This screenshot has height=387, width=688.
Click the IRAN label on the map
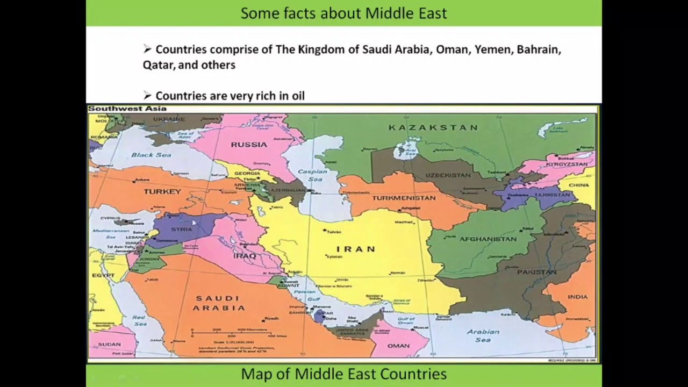pyautogui.click(x=356, y=249)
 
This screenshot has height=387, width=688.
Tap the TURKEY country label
pyautogui.click(x=162, y=191)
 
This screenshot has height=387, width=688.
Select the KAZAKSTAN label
pyautogui.click(x=433, y=127)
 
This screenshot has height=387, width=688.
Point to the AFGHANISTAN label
pyautogui.click(x=488, y=239)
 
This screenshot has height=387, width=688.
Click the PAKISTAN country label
pyautogui.click(x=536, y=272)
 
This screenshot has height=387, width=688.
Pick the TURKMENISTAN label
pyautogui.click(x=404, y=198)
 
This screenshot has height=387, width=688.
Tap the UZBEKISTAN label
pyautogui.click(x=448, y=175)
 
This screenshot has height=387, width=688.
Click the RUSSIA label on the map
pyautogui.click(x=249, y=144)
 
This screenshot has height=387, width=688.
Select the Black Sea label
pyautogui.click(x=151, y=155)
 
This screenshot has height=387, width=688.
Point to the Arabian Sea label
pyautogui.click(x=483, y=335)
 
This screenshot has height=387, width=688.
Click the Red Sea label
pyautogui.click(x=140, y=320)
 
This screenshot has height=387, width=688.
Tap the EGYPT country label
pyautogui.click(x=103, y=275)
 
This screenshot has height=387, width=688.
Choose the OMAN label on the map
pyautogui.click(x=398, y=346)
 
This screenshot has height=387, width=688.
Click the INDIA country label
pyautogui.click(x=578, y=297)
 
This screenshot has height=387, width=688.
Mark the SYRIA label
pyautogui.click(x=181, y=229)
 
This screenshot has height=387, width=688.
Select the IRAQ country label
pyautogui.click(x=245, y=256)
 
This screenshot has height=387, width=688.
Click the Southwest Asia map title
pyautogui.click(x=127, y=109)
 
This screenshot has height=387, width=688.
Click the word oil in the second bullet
pyautogui.click(x=297, y=96)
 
